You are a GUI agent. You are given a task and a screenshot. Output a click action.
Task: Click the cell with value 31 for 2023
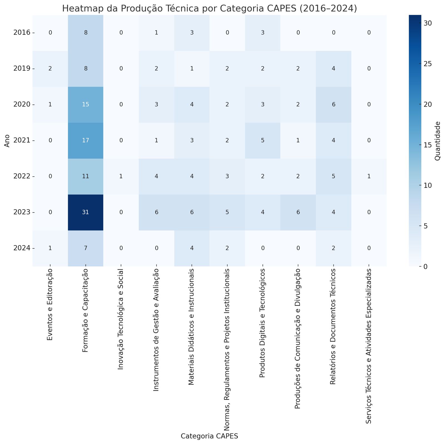pyautogui.click(x=86, y=212)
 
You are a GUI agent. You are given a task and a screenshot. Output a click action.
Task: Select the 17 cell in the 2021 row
pyautogui.click(x=86, y=140)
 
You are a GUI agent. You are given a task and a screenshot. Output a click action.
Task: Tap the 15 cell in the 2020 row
pyautogui.click(x=86, y=105)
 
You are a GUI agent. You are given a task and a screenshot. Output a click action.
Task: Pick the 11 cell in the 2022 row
pyautogui.click(x=86, y=176)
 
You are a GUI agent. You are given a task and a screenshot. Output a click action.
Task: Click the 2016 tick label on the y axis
pyautogui.click(x=22, y=33)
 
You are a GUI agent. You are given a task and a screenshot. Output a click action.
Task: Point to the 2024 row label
pyautogui.click(x=22, y=248)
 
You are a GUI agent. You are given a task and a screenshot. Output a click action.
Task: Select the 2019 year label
pyautogui.click(x=22, y=69)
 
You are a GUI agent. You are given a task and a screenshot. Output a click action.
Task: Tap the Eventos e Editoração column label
pyautogui.click(x=50, y=305)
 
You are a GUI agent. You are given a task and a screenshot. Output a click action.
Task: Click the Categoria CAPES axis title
pyautogui.click(x=209, y=436)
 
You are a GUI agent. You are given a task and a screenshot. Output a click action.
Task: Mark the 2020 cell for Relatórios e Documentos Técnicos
pyautogui.click(x=333, y=105)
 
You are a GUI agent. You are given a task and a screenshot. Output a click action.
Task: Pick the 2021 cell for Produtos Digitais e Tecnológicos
pyautogui.click(x=263, y=140)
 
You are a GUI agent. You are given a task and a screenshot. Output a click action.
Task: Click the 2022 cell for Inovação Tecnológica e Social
pyautogui.click(x=121, y=176)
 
